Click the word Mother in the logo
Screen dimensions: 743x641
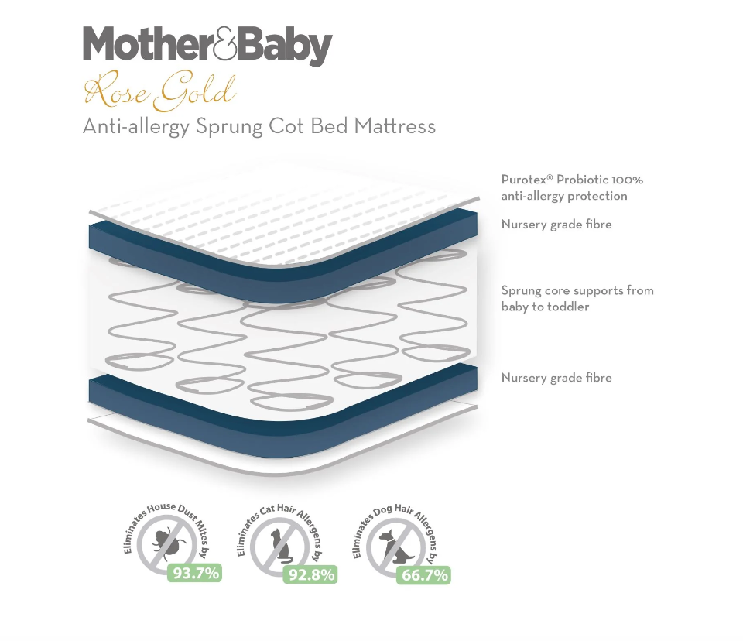pyautogui.click(x=148, y=44)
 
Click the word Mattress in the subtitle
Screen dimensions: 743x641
pyautogui.click(x=395, y=126)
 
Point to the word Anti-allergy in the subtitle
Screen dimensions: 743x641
pyautogui.click(x=136, y=128)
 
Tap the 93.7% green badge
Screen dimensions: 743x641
pyautogui.click(x=195, y=573)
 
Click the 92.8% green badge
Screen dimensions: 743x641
pyautogui.click(x=311, y=575)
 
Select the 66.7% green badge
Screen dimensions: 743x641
pyautogui.click(x=424, y=575)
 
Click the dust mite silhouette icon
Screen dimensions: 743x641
pyautogui.click(x=167, y=541)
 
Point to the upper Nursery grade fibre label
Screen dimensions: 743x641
pyautogui.click(x=556, y=225)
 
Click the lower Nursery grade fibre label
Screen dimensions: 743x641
pyautogui.click(x=556, y=378)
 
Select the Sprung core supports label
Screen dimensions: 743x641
pyautogui.click(x=577, y=298)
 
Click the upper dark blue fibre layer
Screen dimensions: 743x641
pyautogui.click(x=284, y=279)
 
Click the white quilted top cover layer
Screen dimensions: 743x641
pyautogui.click(x=284, y=214)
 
